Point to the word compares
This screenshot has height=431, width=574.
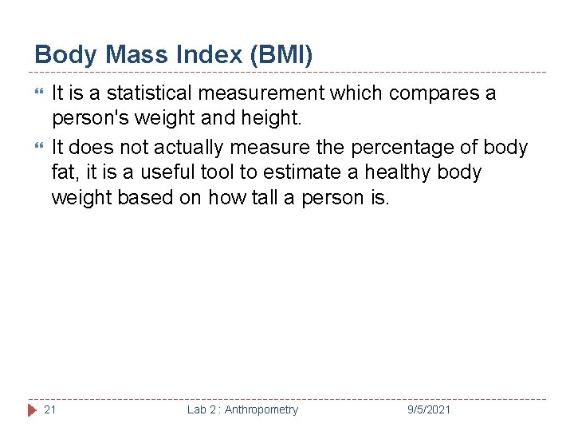[x=434, y=93]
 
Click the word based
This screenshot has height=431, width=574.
[x=141, y=197]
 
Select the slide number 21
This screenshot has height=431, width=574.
[x=49, y=409]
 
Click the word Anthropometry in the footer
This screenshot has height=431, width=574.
[x=261, y=409]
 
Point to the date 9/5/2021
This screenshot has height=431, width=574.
[x=429, y=409]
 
